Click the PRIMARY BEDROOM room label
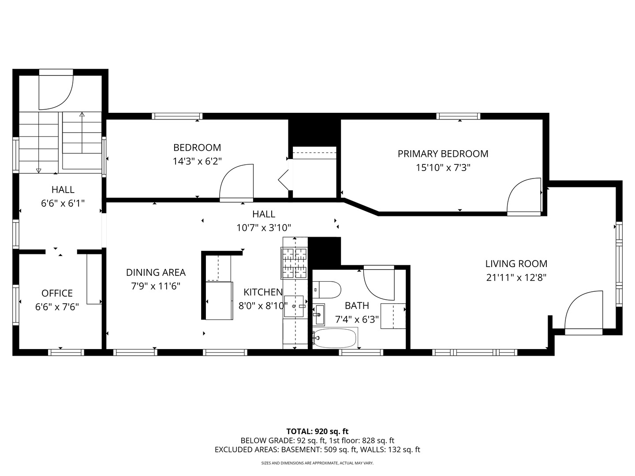click(x=443, y=154)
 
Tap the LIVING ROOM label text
click(x=516, y=264)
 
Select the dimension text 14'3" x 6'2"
click(x=197, y=161)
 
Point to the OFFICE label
click(x=57, y=293)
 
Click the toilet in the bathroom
click(x=327, y=290)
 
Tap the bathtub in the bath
click(x=335, y=338)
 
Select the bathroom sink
click(x=318, y=314)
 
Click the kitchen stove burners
click(x=294, y=263)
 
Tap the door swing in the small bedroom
click(x=237, y=182)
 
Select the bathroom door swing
click(x=378, y=282)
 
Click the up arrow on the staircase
click(x=82, y=115)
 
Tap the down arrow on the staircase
click(x=39, y=170)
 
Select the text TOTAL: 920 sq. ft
click(x=317, y=431)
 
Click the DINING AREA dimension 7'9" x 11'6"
click(x=156, y=286)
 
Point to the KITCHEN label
click(x=263, y=292)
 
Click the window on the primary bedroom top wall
click(x=459, y=116)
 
